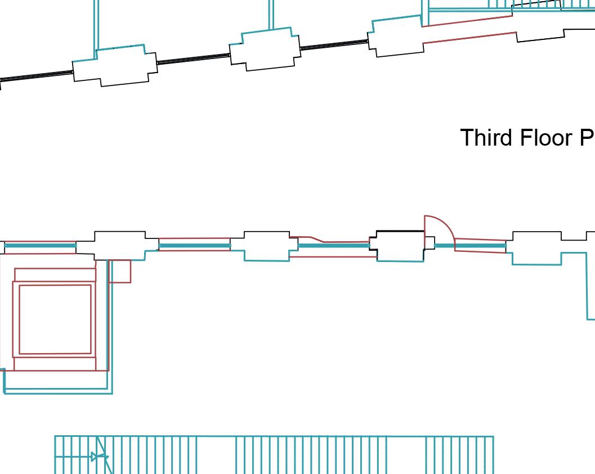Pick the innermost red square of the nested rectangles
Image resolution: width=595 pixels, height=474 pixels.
(x=55, y=319)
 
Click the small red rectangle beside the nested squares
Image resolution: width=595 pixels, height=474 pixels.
(x=121, y=271)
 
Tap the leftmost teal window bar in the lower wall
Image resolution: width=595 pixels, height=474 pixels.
(x=40, y=246)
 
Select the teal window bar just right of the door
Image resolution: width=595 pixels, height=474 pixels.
(x=471, y=246)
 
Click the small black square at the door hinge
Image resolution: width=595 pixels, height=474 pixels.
(x=430, y=243)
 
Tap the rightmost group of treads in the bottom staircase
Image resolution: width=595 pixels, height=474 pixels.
(x=459, y=454)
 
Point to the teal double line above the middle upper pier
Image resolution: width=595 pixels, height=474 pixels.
(x=271, y=14)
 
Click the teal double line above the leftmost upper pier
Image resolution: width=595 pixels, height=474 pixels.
(x=96, y=25)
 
